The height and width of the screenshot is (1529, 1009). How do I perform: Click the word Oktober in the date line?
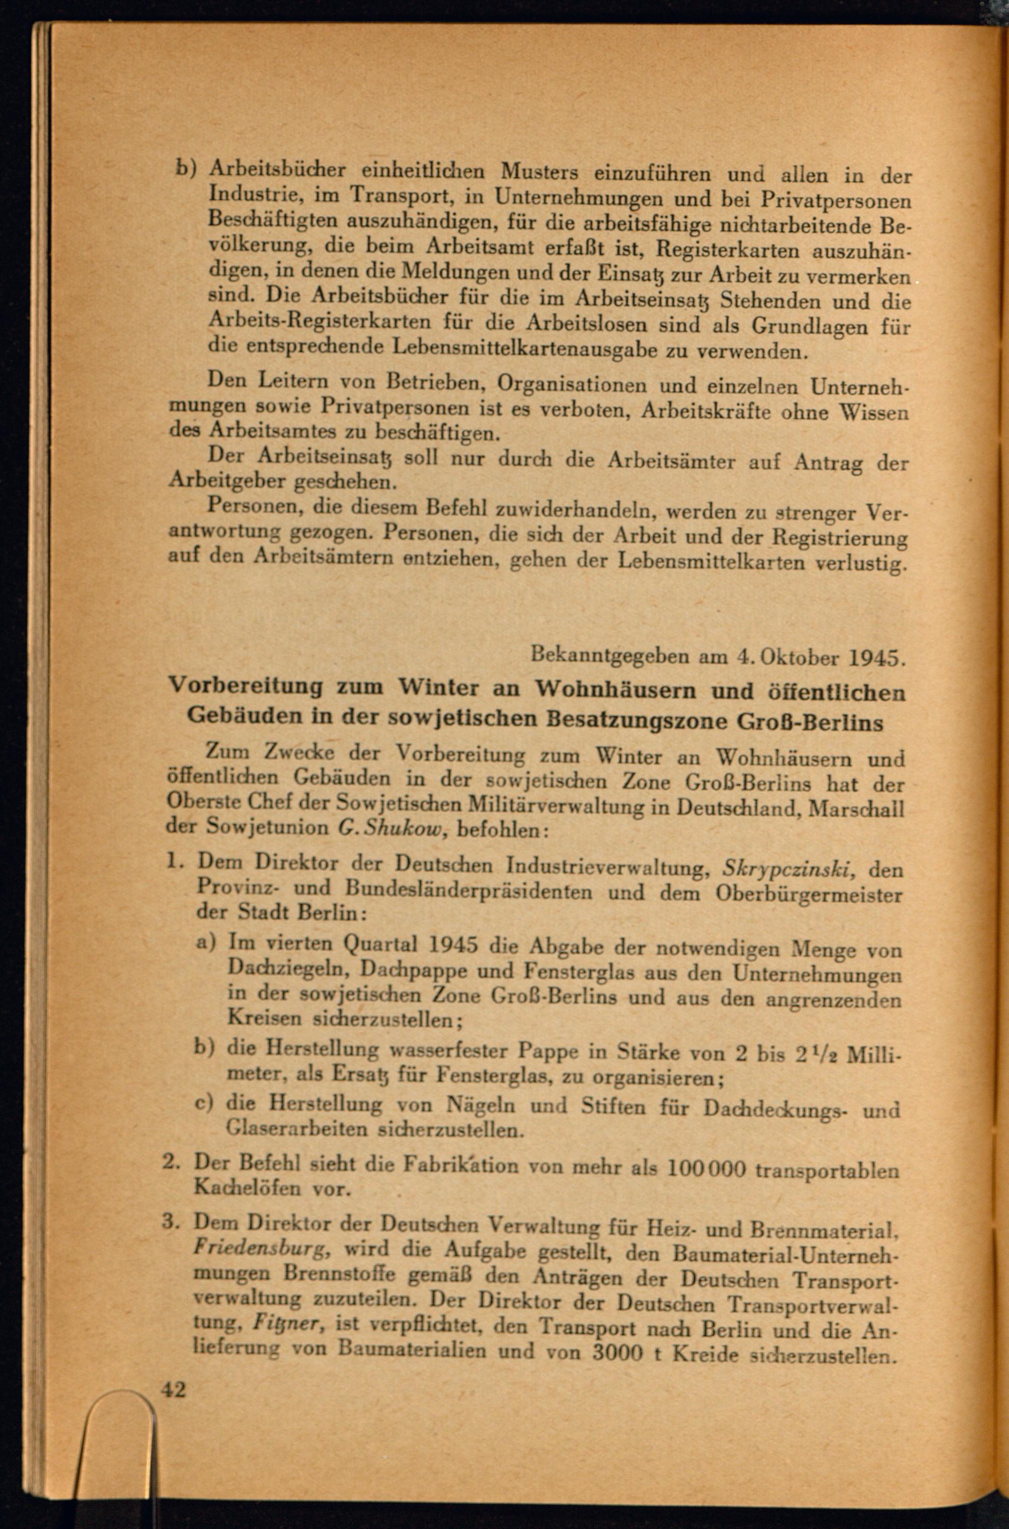tap(793, 657)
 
